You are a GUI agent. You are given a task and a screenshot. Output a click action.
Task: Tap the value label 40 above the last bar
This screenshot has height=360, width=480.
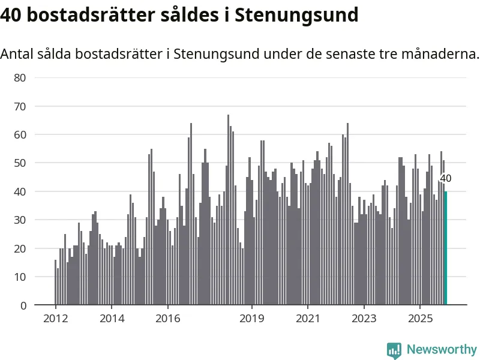[x=446, y=178]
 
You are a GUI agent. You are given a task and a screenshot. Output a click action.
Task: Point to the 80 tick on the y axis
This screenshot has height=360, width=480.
[x=20, y=77]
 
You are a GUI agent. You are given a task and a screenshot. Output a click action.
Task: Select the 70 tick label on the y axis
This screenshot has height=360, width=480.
[x=20, y=106]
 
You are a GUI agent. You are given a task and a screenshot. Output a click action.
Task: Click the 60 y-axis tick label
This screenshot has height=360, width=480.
[x=20, y=134]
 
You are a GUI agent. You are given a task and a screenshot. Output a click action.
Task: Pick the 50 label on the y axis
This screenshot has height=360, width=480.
[x=20, y=163]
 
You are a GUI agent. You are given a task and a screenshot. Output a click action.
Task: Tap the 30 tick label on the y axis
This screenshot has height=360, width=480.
[x=20, y=220]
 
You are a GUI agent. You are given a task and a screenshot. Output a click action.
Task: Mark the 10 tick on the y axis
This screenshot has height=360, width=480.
[x=20, y=277]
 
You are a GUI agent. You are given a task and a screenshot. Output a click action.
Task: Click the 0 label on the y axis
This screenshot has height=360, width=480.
[x=23, y=305]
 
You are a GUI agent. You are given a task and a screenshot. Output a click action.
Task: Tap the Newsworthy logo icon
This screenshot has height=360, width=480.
[x=394, y=350]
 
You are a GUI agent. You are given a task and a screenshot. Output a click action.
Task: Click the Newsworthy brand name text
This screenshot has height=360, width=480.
[x=442, y=349]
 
